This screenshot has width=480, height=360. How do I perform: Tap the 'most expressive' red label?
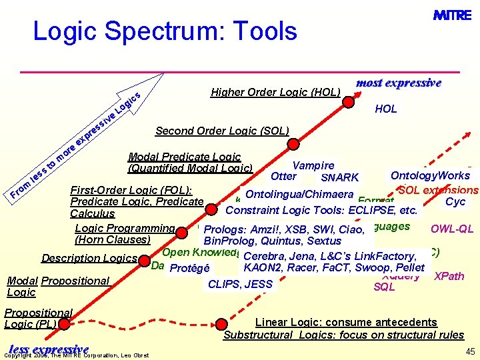[x=399, y=83]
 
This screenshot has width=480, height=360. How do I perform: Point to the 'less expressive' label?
[x=49, y=350]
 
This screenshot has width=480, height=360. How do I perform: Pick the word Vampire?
[x=313, y=165]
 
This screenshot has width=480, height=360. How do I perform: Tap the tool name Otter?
[x=283, y=177]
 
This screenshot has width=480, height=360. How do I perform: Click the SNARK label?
[x=339, y=177]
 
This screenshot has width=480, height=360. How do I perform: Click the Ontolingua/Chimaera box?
[x=299, y=194]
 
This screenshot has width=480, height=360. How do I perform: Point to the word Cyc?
[x=455, y=202]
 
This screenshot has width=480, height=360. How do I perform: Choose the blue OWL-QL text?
[x=452, y=229]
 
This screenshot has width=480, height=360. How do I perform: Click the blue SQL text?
[x=385, y=287]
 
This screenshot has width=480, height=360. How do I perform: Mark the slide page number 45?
[x=470, y=351]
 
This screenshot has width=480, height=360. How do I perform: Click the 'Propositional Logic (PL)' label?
[x=38, y=319]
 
